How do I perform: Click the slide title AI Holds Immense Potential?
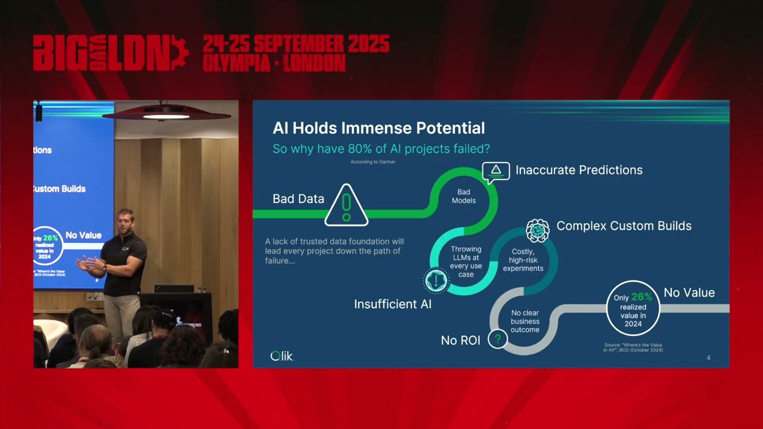(x=379, y=128)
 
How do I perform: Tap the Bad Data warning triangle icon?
(x=346, y=206)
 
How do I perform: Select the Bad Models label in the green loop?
(x=464, y=196)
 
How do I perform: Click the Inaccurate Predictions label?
(x=579, y=170)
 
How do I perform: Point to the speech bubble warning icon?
(x=496, y=171)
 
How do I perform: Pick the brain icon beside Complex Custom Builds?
(x=537, y=229)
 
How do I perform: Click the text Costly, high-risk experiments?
(x=523, y=260)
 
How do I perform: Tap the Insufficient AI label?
(x=392, y=304)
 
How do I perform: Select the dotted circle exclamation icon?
(x=437, y=281)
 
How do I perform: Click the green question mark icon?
(x=497, y=340)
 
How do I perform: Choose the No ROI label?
(x=460, y=340)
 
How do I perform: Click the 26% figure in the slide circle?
(x=641, y=297)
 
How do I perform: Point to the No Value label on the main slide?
(x=689, y=293)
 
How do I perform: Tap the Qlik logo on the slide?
(x=282, y=356)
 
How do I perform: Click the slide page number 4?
(x=708, y=357)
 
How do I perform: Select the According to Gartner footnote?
(x=373, y=161)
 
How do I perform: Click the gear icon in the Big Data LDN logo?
(x=179, y=53)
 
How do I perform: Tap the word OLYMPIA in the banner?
(x=237, y=63)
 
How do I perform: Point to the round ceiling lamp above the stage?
(x=166, y=114)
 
